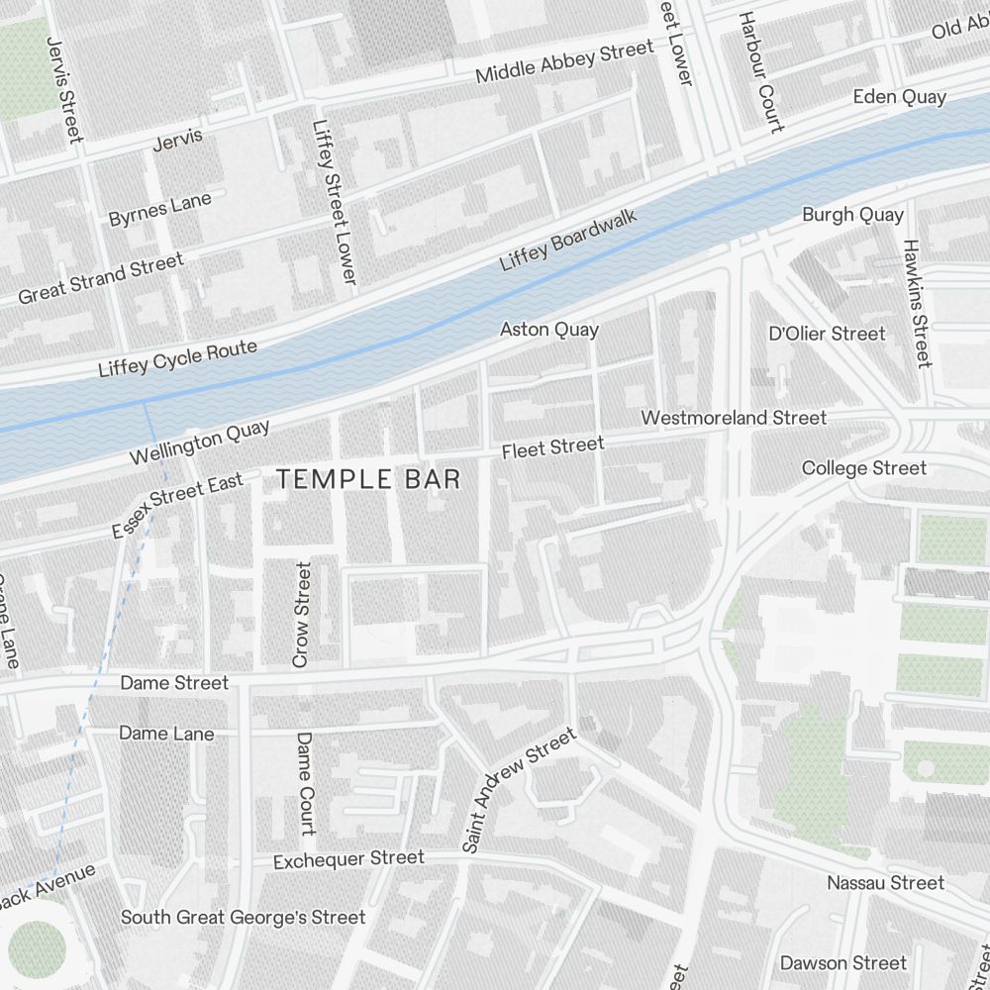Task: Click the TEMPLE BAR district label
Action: [368, 480]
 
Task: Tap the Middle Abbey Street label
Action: [564, 62]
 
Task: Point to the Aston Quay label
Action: [549, 329]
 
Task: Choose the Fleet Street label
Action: [552, 447]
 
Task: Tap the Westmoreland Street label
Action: [734, 418]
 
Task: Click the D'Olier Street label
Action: [827, 334]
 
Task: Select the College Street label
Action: [864, 468]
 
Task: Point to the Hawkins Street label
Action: [916, 303]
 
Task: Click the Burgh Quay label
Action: [852, 215]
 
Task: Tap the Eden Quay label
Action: [899, 97]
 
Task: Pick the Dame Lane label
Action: [166, 734]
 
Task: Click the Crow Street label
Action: [302, 614]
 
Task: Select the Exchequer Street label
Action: [348, 859]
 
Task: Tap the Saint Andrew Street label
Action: [519, 791]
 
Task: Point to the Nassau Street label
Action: [886, 882]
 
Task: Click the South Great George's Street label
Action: [244, 918]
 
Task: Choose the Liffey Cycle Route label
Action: [178, 358]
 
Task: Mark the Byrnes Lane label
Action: [160, 210]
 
